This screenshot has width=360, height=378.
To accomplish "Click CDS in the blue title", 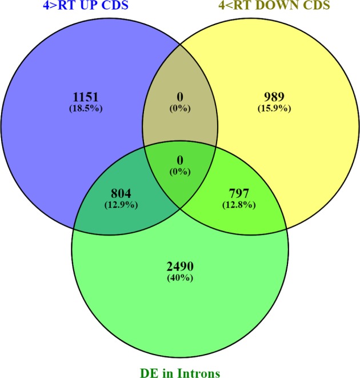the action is pyautogui.click(x=105, y=7).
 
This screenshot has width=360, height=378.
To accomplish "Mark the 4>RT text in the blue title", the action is pyautogui.click(x=43, y=7).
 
